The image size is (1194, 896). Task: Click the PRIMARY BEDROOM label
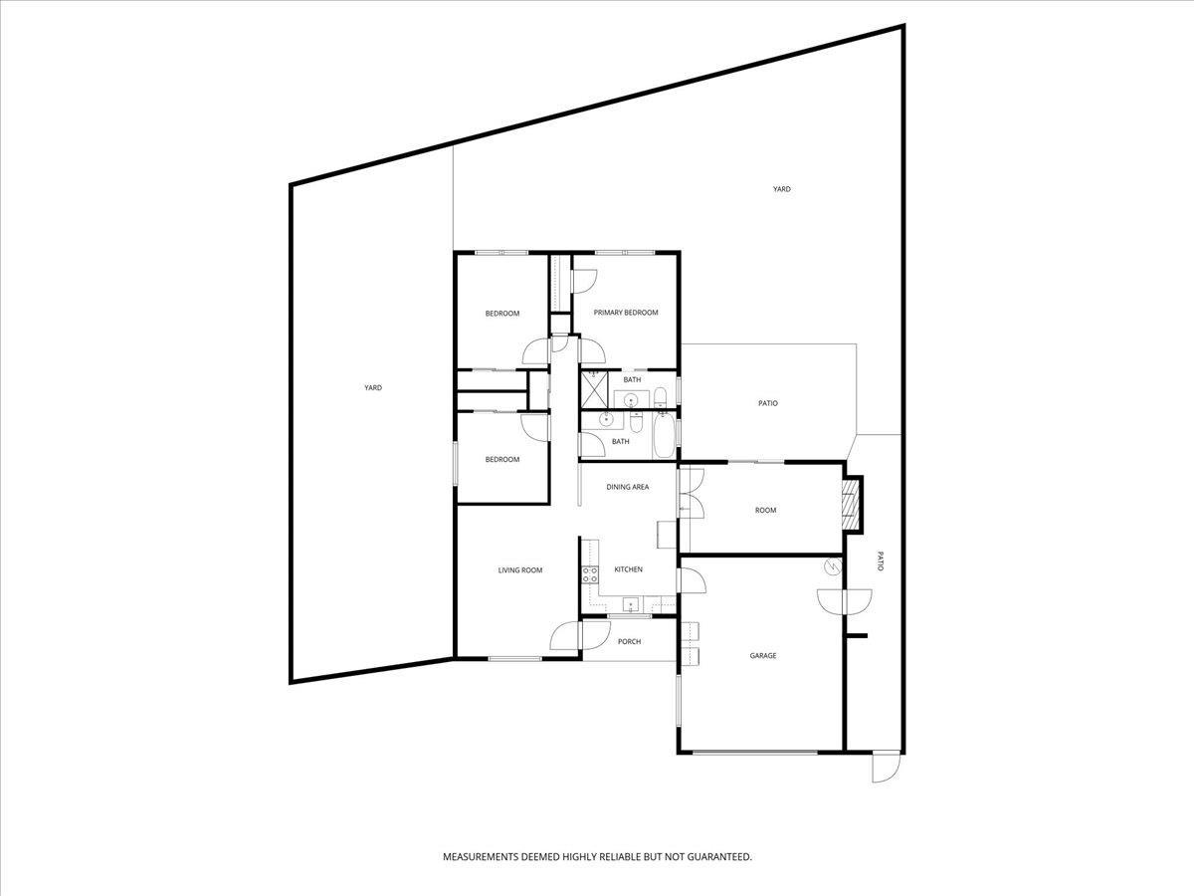[x=626, y=313]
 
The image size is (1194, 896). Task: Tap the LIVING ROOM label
[x=520, y=570]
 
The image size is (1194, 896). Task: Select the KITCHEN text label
[x=628, y=569]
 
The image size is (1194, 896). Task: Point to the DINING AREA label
[x=628, y=487]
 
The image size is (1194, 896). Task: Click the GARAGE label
[x=763, y=656]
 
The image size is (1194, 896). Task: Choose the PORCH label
[x=629, y=641]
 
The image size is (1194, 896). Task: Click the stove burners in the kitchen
[x=589, y=572]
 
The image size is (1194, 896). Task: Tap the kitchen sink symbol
[x=630, y=603]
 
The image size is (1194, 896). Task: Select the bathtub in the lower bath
[x=663, y=437]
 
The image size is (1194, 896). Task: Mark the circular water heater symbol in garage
[x=832, y=567]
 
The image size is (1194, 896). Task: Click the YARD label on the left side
[x=373, y=388]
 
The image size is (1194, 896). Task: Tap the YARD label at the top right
[x=782, y=189]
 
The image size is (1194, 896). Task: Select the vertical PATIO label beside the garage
[x=880, y=561]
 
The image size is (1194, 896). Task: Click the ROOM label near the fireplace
[x=765, y=511]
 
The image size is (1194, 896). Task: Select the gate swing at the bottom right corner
[x=884, y=768]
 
